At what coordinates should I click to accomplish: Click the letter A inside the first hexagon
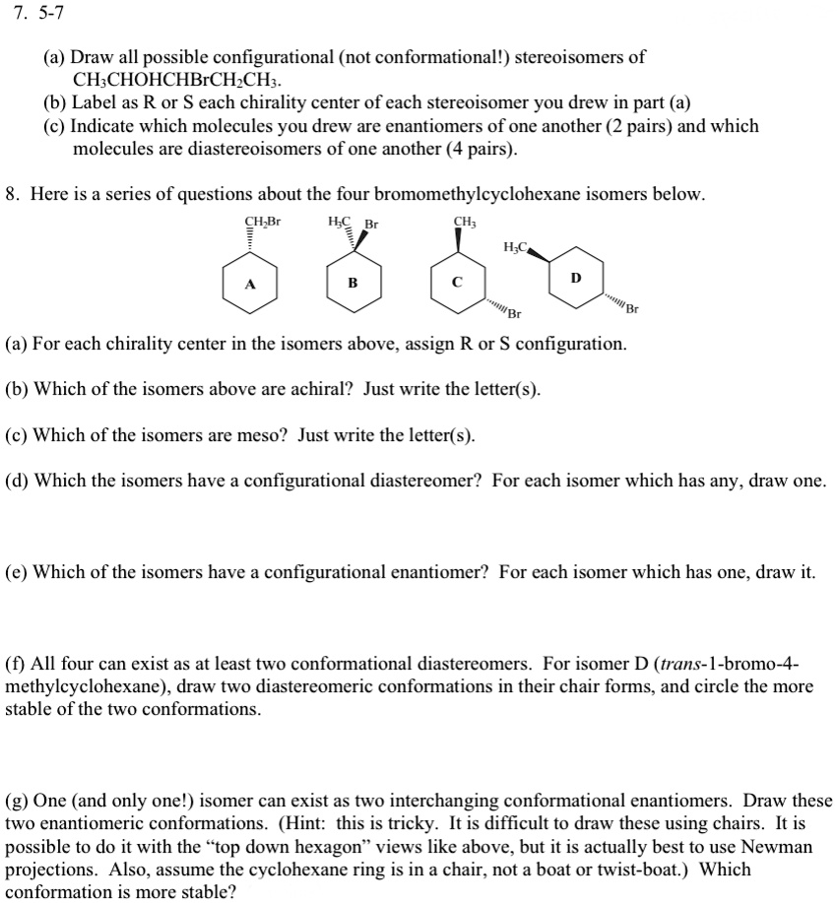point(250,285)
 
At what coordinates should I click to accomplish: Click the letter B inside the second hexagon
point(352,285)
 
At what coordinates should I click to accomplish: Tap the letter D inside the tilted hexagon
point(576,278)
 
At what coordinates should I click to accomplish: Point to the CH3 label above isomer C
point(465,222)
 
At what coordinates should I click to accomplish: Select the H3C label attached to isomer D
point(515,245)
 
